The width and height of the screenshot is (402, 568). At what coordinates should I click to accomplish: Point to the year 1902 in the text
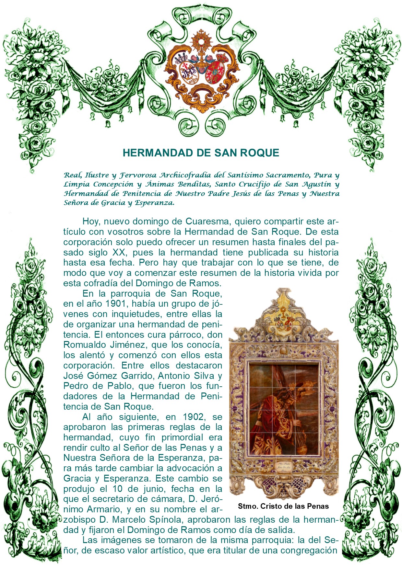pos(194,417)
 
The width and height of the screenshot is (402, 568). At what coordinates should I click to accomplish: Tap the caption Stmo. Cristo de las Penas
pos(283,506)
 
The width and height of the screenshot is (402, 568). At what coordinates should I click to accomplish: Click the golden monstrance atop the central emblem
pos(201,42)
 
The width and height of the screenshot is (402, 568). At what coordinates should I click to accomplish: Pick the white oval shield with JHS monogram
pos(188,72)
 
